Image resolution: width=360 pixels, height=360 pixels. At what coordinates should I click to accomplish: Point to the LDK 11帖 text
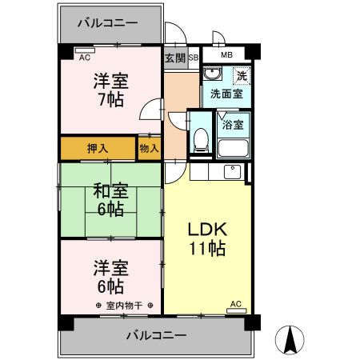click(208, 238)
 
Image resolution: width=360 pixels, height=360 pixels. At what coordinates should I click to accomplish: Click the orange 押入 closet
click(96, 148)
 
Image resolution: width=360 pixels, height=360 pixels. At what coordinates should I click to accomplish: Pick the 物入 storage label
click(149, 148)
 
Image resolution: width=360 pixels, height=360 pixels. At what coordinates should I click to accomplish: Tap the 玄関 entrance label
click(175, 58)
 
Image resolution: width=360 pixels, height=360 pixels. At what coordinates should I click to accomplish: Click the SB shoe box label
click(193, 58)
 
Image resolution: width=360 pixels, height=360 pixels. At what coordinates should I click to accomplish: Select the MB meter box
click(226, 55)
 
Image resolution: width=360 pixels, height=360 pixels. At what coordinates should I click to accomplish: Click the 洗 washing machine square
click(240, 76)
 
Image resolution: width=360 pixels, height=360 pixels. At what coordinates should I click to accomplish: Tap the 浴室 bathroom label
click(233, 125)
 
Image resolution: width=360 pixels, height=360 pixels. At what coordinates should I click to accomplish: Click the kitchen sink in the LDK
click(231, 170)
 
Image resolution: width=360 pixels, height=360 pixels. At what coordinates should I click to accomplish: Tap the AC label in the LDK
click(235, 304)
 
